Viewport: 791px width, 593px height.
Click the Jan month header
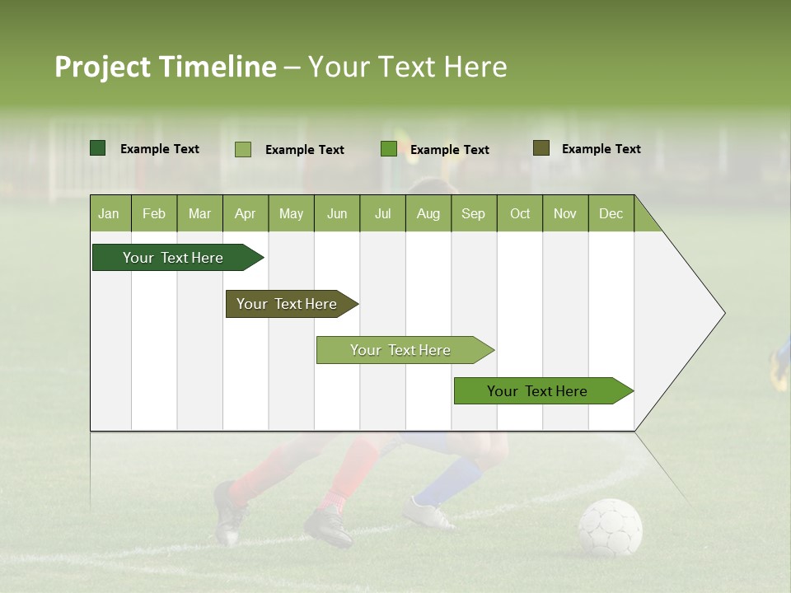click(110, 214)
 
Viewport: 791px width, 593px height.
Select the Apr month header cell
click(246, 214)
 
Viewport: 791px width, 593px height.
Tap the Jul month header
click(382, 214)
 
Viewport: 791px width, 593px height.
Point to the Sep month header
click(474, 214)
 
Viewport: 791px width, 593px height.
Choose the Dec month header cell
click(611, 214)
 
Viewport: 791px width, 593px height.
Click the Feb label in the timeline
click(154, 214)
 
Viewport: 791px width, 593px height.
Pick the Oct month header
click(520, 214)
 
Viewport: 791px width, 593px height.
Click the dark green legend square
click(98, 148)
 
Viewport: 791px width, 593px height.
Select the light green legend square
click(243, 149)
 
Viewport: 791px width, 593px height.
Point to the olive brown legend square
click(541, 148)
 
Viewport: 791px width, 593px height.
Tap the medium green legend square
click(389, 149)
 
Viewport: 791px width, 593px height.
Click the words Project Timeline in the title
click(165, 67)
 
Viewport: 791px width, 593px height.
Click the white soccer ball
click(610, 527)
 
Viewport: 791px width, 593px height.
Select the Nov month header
click(565, 214)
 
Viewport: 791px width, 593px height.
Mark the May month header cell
click(291, 214)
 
